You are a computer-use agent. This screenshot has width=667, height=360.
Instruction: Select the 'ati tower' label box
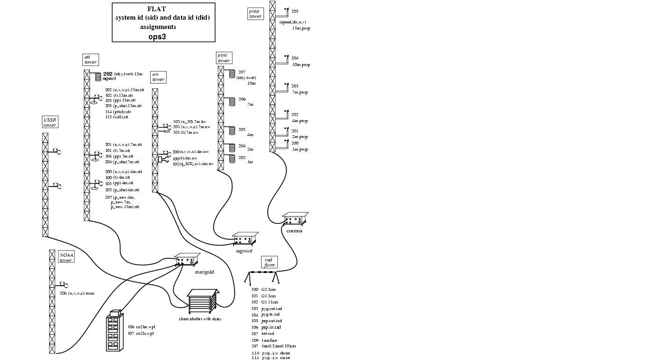90,59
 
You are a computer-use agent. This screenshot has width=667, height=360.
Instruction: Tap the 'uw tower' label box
158,77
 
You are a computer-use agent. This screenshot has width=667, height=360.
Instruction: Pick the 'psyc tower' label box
224,58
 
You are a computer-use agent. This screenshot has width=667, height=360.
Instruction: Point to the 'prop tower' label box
255,14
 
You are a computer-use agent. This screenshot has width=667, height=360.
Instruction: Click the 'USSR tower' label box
50,122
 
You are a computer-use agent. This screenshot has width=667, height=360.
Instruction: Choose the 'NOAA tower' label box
66,257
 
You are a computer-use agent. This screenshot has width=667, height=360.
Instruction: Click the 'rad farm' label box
268,262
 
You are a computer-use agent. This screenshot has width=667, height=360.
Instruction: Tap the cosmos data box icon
295,219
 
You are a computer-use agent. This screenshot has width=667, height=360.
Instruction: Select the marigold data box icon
187,260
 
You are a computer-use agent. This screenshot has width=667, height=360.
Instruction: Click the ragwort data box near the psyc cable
245,239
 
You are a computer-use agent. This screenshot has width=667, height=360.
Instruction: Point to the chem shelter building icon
203,302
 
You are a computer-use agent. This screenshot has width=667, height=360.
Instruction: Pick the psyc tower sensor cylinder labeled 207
232,74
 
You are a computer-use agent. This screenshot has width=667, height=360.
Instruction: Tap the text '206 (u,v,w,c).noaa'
77,293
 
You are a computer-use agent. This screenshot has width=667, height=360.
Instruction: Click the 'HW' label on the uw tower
166,132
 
